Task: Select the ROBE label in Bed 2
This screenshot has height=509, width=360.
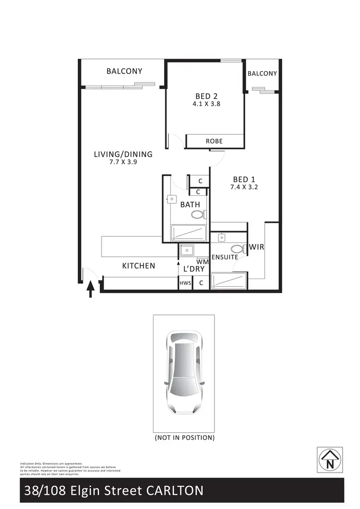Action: [214, 141]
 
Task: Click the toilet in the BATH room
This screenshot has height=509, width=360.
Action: [198, 215]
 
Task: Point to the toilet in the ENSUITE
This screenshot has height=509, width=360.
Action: [237, 249]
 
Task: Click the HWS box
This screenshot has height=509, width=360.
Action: [185, 283]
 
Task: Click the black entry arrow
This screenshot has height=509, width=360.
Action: [90, 291]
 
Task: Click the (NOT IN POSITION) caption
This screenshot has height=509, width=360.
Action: [184, 438]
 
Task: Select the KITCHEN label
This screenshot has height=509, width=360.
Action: [138, 266]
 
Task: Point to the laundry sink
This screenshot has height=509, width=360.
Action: [186, 251]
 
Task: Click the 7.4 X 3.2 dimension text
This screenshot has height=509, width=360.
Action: [244, 187]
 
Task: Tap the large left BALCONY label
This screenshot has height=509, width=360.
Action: [124, 71]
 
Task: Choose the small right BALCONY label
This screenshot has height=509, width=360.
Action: [262, 73]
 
